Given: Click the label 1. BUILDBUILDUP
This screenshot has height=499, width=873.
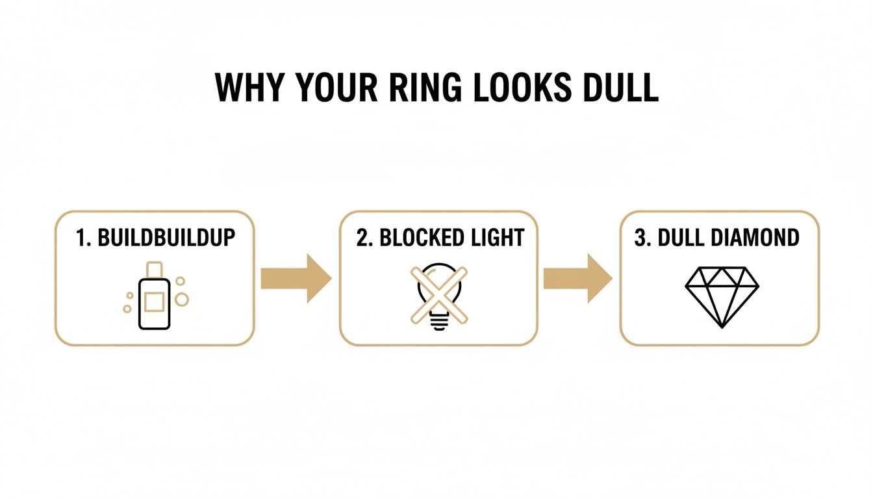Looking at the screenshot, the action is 155,238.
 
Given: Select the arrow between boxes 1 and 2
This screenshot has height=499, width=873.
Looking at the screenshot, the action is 296,279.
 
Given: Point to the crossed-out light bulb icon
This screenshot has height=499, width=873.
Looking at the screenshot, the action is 438,296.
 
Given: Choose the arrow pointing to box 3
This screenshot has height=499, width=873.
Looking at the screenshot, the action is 577,279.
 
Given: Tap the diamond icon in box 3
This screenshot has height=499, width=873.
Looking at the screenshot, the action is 722,296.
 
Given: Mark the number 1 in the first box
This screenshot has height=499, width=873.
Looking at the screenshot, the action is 81,238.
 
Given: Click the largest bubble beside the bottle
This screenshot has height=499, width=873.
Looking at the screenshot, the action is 182,299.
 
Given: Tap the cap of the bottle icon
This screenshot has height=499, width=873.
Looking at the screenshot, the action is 154,268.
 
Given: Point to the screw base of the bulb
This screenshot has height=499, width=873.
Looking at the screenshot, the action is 438,323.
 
